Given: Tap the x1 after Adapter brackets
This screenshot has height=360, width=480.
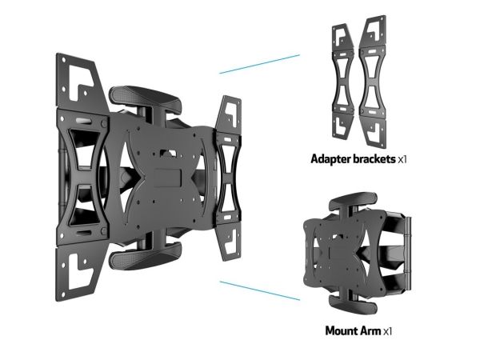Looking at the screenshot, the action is (x=402, y=159).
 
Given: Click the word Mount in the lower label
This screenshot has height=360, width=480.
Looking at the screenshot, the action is (x=342, y=331).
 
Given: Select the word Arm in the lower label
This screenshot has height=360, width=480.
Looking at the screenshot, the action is (x=370, y=331).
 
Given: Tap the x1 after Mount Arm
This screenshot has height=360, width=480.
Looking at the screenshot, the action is (x=387, y=331).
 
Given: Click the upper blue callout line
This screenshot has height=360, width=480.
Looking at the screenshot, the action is (x=259, y=64).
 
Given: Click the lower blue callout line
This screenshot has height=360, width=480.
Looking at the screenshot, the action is (x=260, y=291).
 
